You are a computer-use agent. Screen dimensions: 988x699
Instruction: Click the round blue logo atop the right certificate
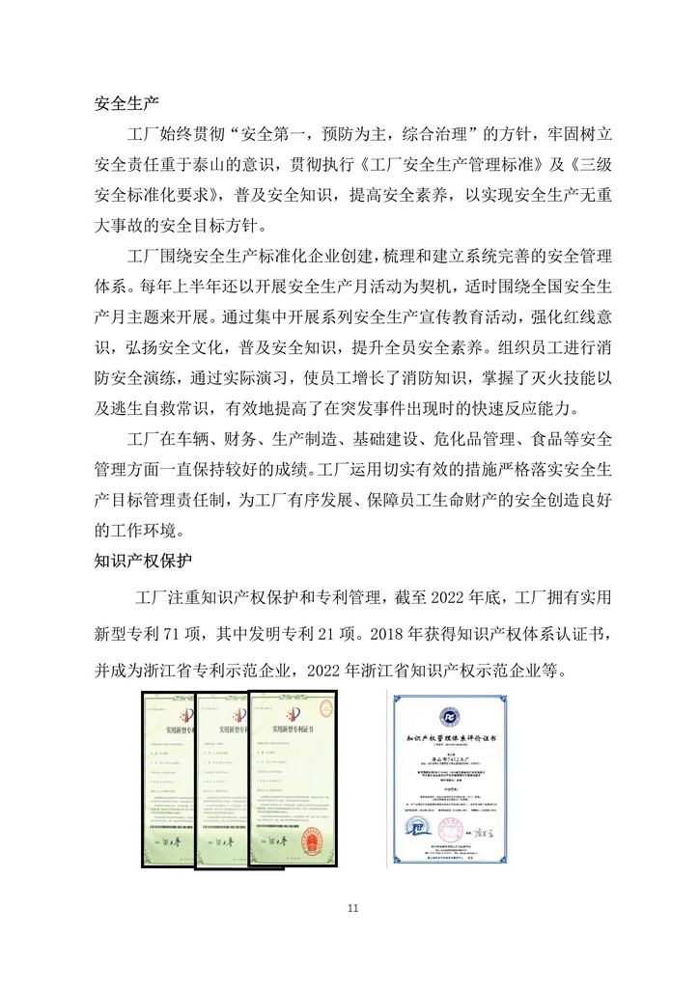[x=454, y=714]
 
